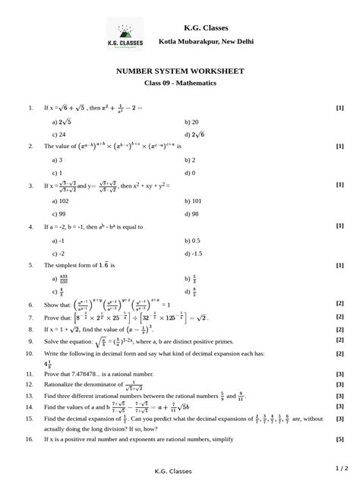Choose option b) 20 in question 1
tap(191, 121)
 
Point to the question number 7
tap(29, 318)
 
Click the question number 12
tap(30, 385)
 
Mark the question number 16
tap(30, 439)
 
